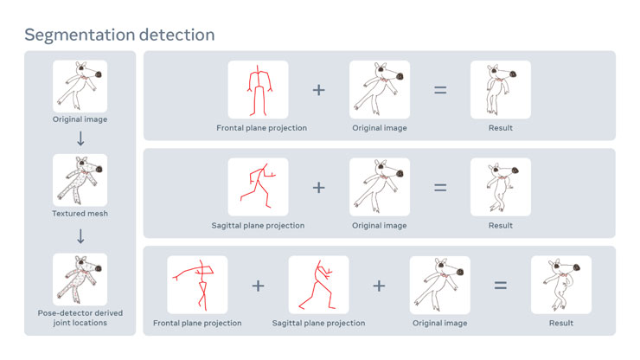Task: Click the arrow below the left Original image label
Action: [x=80, y=138]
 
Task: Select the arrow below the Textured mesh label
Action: [x=80, y=236]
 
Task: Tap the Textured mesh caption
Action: [x=80, y=213]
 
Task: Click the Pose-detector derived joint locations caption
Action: [x=80, y=318]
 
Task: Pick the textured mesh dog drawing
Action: [x=80, y=180]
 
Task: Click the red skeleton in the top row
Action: [x=259, y=90]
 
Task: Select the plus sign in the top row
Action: [x=319, y=90]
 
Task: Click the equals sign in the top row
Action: [x=440, y=90]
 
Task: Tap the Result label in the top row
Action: [x=501, y=128]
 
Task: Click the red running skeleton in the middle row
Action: [x=257, y=186]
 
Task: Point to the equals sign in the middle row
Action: [x=440, y=188]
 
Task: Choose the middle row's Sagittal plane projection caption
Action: [x=258, y=226]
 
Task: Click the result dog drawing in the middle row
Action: [x=501, y=187]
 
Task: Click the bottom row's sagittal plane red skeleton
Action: [x=317, y=286]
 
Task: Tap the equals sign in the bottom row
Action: [x=501, y=286]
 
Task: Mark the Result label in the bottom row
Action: [x=561, y=323]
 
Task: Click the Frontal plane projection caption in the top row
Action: [x=262, y=128]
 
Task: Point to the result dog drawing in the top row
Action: [x=501, y=89]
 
